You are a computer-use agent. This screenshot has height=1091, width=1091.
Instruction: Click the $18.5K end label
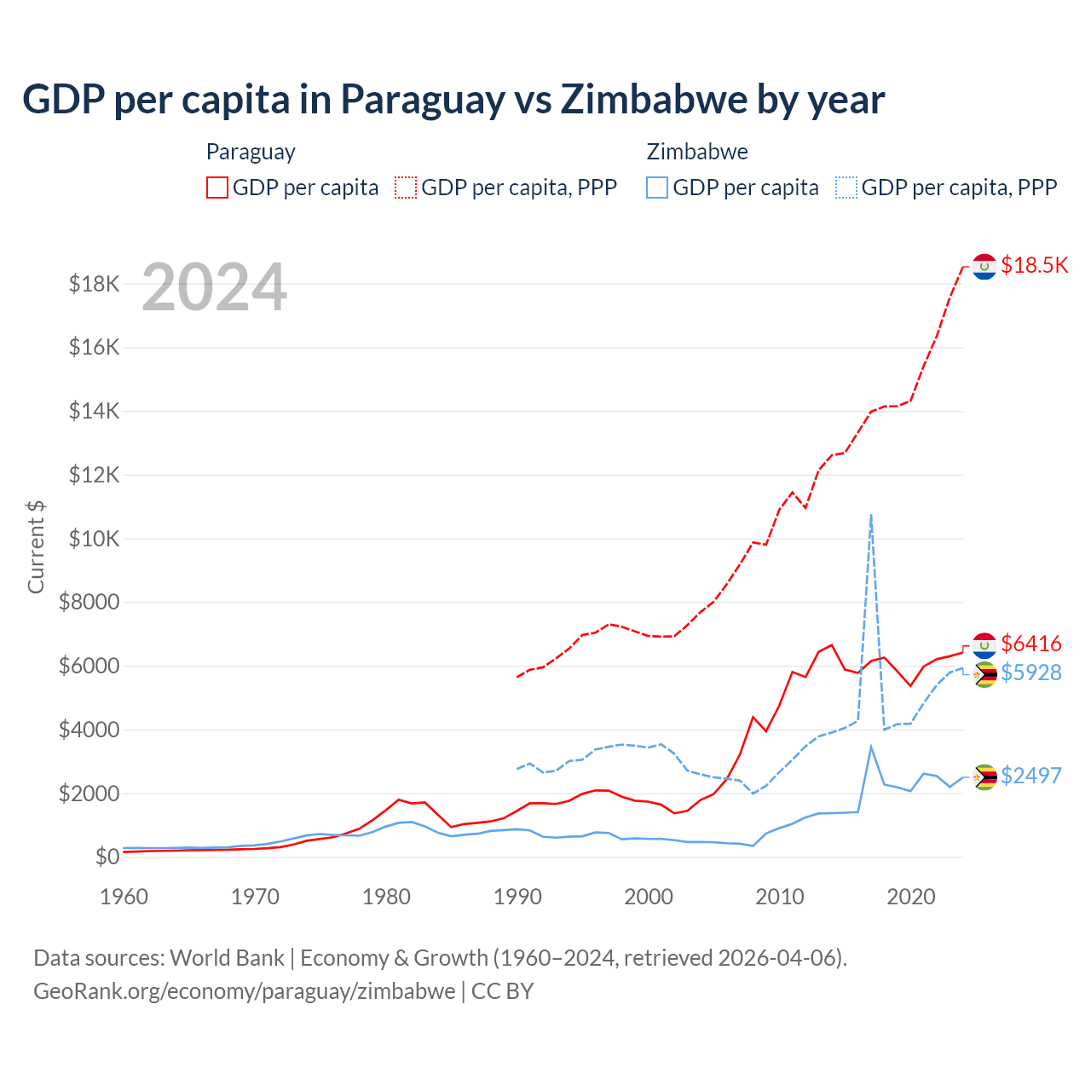1034,265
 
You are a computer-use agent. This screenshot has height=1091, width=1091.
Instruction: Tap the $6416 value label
1030,644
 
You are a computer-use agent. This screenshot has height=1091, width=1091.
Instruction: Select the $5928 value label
1030,672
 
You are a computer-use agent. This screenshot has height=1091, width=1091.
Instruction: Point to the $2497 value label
1030,776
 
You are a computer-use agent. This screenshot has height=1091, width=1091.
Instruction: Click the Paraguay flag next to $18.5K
984,267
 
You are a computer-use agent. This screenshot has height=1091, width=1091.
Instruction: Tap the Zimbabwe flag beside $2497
984,776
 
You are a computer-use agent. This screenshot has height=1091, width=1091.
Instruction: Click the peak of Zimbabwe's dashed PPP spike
871,515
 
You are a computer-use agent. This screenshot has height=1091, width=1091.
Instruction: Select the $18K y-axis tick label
94,284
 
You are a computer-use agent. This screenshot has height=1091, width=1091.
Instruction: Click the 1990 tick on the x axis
517,897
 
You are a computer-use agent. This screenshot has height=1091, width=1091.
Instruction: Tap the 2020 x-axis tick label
911,897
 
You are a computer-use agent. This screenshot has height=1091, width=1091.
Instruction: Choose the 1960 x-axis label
124,897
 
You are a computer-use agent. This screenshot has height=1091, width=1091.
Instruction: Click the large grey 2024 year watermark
214,287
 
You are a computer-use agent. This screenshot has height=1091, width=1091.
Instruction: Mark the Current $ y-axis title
36,547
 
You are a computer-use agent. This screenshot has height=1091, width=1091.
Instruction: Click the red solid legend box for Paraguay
217,188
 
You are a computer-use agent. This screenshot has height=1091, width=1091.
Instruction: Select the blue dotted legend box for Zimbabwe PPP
846,188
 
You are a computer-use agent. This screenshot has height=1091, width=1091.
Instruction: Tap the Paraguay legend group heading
251,152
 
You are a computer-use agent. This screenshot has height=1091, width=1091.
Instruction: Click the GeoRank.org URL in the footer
244,991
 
